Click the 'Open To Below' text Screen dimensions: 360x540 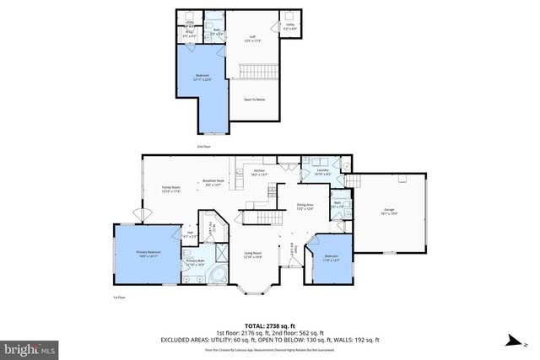(256, 99)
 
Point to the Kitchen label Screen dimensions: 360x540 (260, 172)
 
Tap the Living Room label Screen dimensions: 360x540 (252, 255)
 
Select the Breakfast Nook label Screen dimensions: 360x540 (213, 181)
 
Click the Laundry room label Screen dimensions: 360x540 (322, 172)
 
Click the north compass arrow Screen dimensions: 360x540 (511, 339)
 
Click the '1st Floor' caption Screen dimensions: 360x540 (119, 298)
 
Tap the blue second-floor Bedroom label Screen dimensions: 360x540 (202, 78)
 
